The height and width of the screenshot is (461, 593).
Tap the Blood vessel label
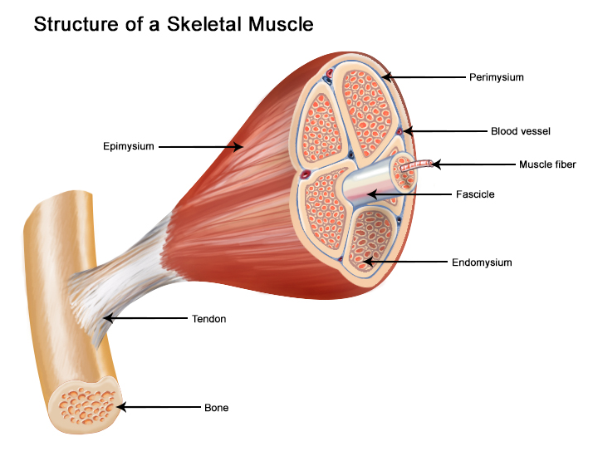click(x=521, y=131)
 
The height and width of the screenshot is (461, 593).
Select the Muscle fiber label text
click(x=547, y=164)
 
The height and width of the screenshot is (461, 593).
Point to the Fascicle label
click(x=475, y=194)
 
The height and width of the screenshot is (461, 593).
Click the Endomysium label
click(x=482, y=262)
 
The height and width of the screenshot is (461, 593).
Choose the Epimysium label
click(x=129, y=147)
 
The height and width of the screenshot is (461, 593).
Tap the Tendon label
click(x=208, y=318)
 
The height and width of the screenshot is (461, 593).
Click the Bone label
click(x=216, y=408)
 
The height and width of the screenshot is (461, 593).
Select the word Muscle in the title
click(x=279, y=25)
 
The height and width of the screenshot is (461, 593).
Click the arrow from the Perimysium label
click(x=424, y=77)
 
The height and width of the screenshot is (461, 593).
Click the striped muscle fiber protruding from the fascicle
click(x=414, y=166)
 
